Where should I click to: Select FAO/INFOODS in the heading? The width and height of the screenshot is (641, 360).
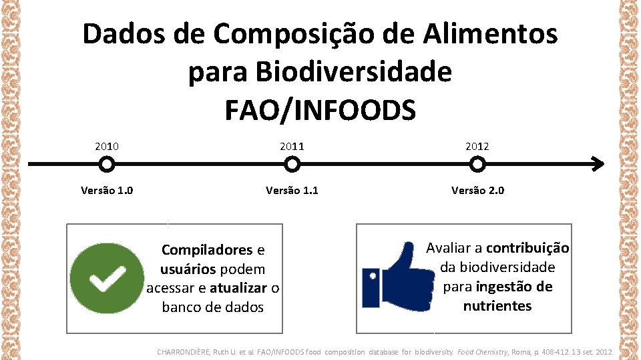320,109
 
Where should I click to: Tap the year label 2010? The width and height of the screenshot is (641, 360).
107,146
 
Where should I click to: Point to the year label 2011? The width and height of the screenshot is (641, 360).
291,146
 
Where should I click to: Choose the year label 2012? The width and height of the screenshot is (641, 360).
477,146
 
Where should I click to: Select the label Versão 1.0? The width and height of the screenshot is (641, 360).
107,191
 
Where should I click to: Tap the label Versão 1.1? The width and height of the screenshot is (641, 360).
292,191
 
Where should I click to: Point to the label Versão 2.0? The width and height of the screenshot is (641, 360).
477,191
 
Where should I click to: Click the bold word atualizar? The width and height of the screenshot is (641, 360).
238,289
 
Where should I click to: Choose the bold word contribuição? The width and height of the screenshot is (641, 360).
527,249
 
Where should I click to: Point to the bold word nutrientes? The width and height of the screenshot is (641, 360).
497,307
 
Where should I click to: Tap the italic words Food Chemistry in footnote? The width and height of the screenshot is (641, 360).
483,351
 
